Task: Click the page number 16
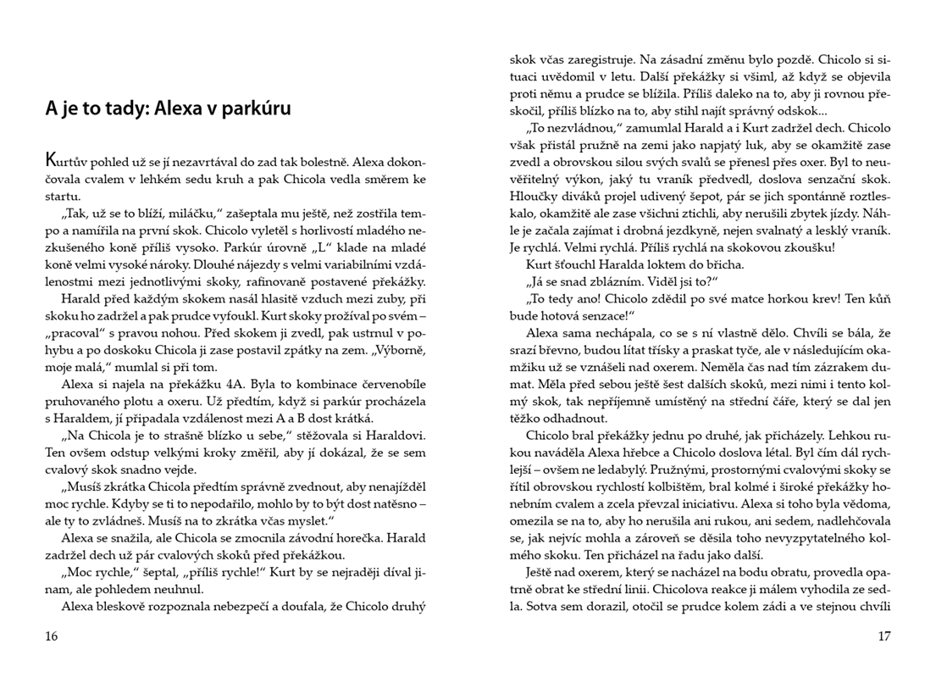(x=52, y=636)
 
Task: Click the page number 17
(x=884, y=636)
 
